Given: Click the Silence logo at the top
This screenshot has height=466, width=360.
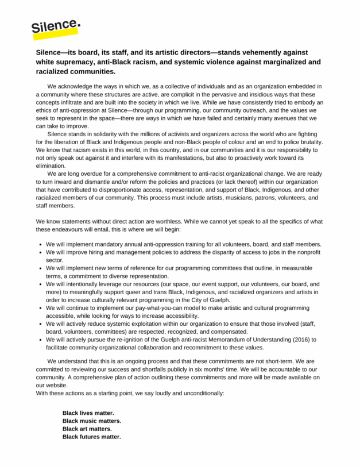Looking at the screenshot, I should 56,26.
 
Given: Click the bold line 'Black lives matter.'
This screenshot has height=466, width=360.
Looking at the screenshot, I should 88,413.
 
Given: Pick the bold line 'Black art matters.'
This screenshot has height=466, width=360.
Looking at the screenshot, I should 87,429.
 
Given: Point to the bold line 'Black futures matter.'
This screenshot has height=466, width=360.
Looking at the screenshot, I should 92,437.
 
